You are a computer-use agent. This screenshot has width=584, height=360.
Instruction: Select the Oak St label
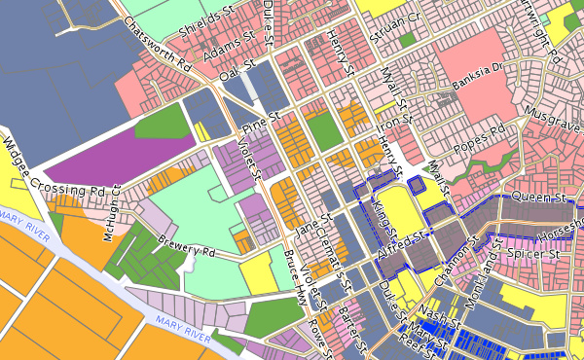[x=237, y=72]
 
